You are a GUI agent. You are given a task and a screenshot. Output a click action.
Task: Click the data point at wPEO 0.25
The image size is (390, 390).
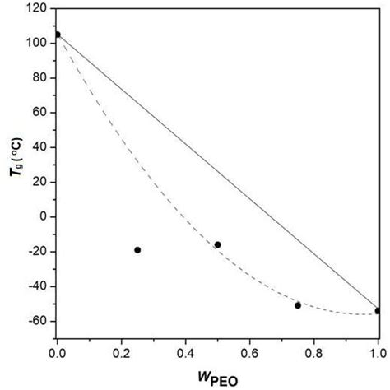pos(137,250)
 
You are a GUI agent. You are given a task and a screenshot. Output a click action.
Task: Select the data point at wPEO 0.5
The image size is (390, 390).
pos(217,244)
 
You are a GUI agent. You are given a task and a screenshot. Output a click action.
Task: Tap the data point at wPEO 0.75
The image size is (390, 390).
pos(298,305)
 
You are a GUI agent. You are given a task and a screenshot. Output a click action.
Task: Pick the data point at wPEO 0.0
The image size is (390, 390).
pos(57,35)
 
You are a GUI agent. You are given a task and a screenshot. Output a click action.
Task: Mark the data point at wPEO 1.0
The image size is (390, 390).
pos(378,311)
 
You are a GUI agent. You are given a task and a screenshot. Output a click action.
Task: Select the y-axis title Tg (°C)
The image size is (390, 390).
pos(12,174)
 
